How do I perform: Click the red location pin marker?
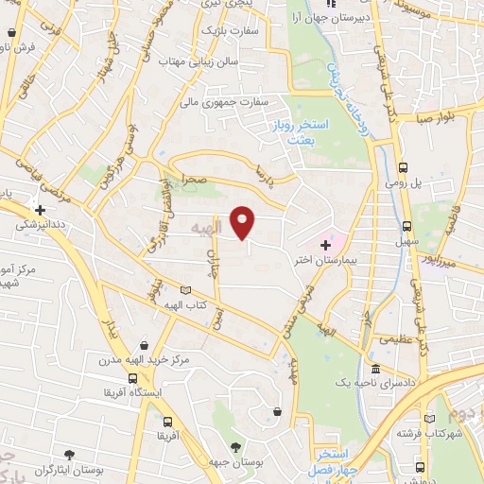pos(244,221)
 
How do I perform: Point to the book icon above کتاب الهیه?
pos(185,289)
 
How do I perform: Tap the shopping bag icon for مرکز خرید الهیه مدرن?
pos(143,345)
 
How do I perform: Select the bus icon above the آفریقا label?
pos(167,421)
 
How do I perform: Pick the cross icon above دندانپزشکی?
pos(40,210)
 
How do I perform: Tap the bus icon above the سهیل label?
pos(406,226)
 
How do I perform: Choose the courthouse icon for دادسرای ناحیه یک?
pos(376,369)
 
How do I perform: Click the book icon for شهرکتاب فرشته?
pos(431,417)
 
